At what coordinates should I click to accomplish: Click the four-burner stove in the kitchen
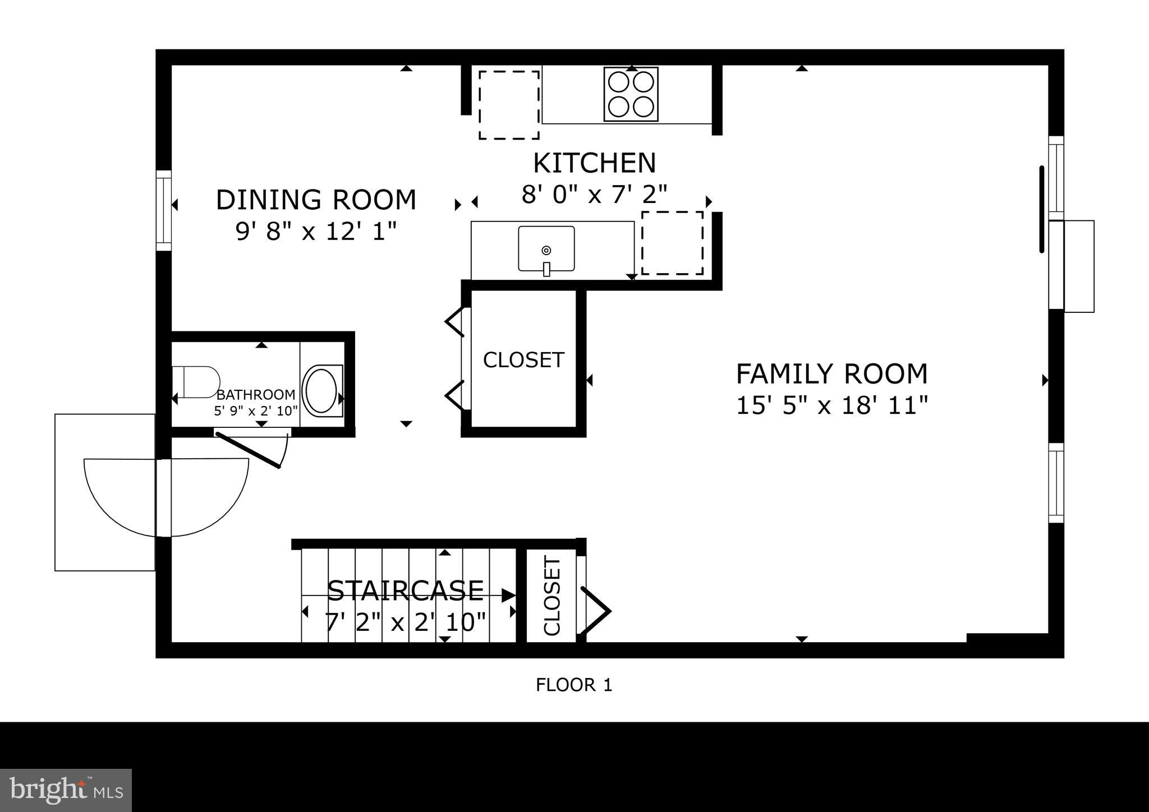631,94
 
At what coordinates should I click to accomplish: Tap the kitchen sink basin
546,249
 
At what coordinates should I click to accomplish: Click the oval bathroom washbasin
321,390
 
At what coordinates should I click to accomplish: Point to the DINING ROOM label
316,200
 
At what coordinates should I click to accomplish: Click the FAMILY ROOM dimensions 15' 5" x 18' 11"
831,405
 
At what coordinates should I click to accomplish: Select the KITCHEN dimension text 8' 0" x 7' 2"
594,195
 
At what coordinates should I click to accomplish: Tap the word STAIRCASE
405,590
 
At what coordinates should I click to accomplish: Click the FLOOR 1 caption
573,685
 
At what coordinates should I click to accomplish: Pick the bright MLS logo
66,790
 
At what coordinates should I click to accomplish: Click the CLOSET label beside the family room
523,360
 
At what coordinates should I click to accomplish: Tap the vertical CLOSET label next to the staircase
552,597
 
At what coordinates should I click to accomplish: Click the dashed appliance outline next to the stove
509,105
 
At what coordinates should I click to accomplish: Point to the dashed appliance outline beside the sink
672,243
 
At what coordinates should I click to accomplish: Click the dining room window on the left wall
163,210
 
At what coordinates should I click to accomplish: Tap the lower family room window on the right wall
1056,483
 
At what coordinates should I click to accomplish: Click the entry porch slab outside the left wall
104,492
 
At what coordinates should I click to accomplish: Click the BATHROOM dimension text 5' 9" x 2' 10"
256,410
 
